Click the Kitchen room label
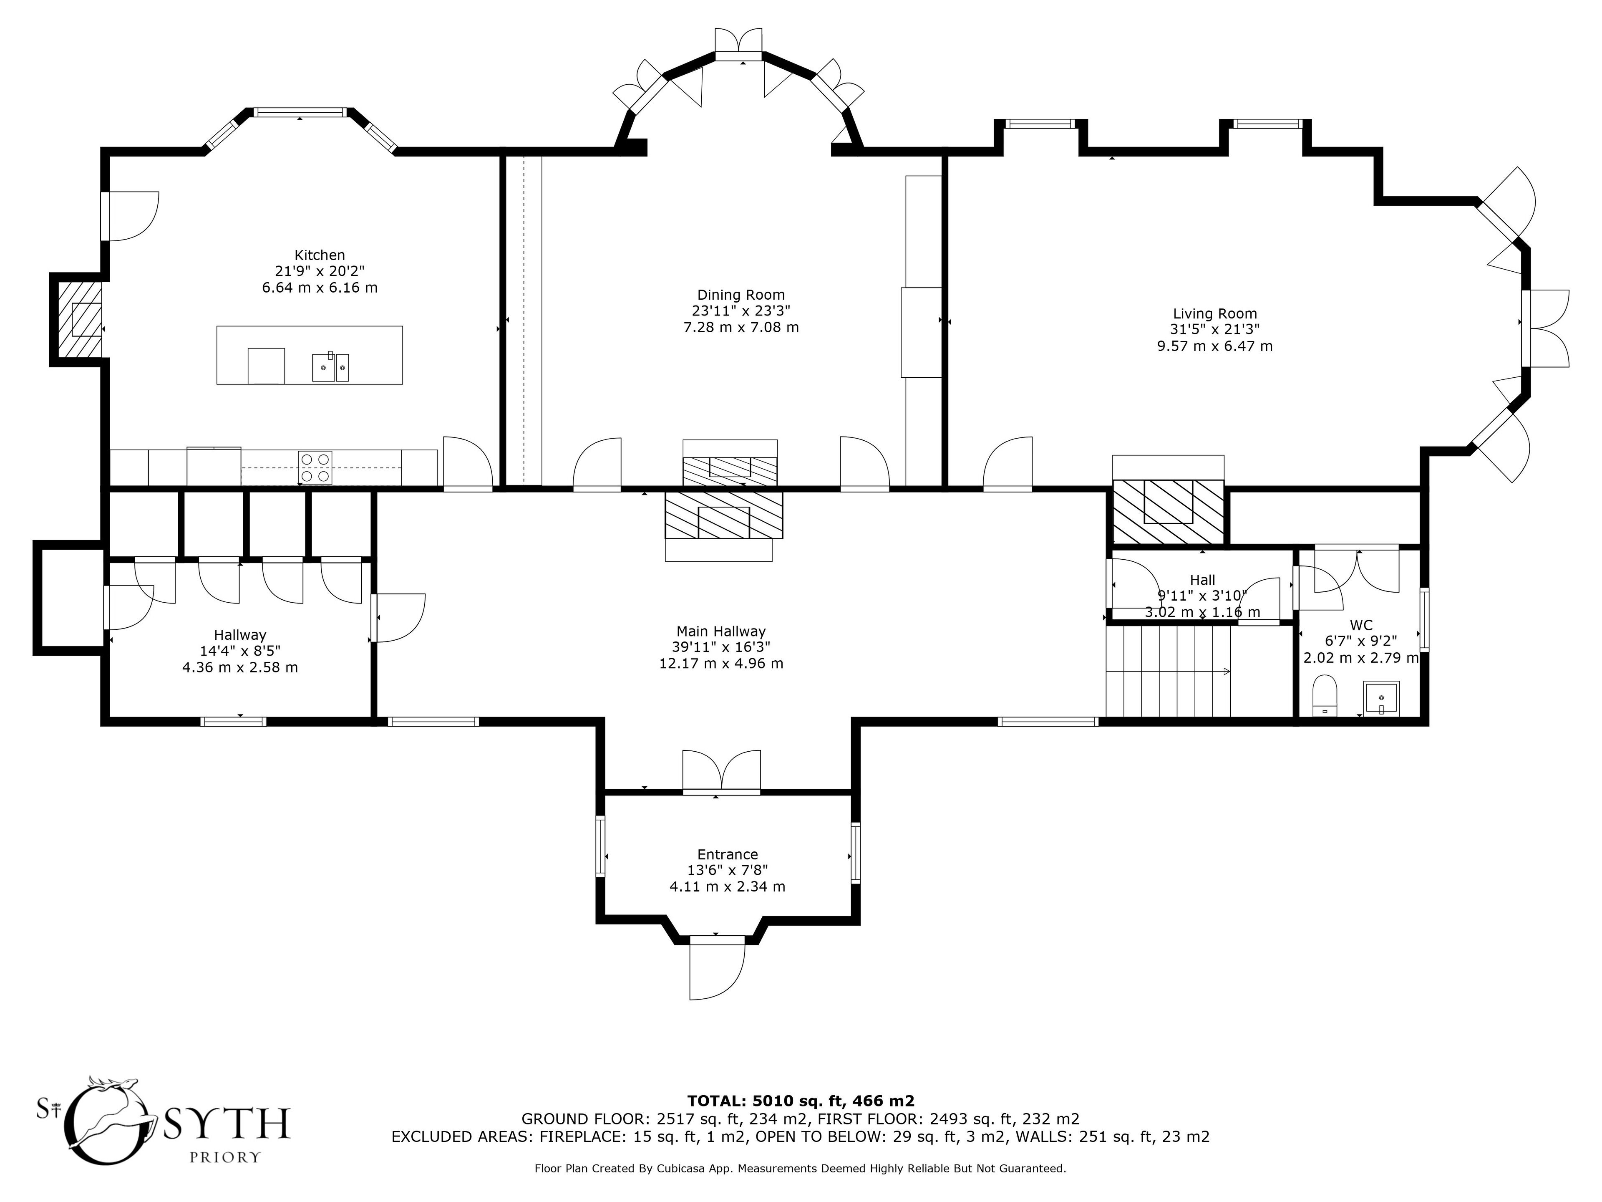(320, 255)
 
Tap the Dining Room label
(741, 295)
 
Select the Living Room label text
(1214, 314)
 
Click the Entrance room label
(727, 854)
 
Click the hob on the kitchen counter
(315, 467)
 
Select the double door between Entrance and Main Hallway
(721, 773)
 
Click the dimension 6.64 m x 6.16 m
(320, 288)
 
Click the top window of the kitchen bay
(300, 112)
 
